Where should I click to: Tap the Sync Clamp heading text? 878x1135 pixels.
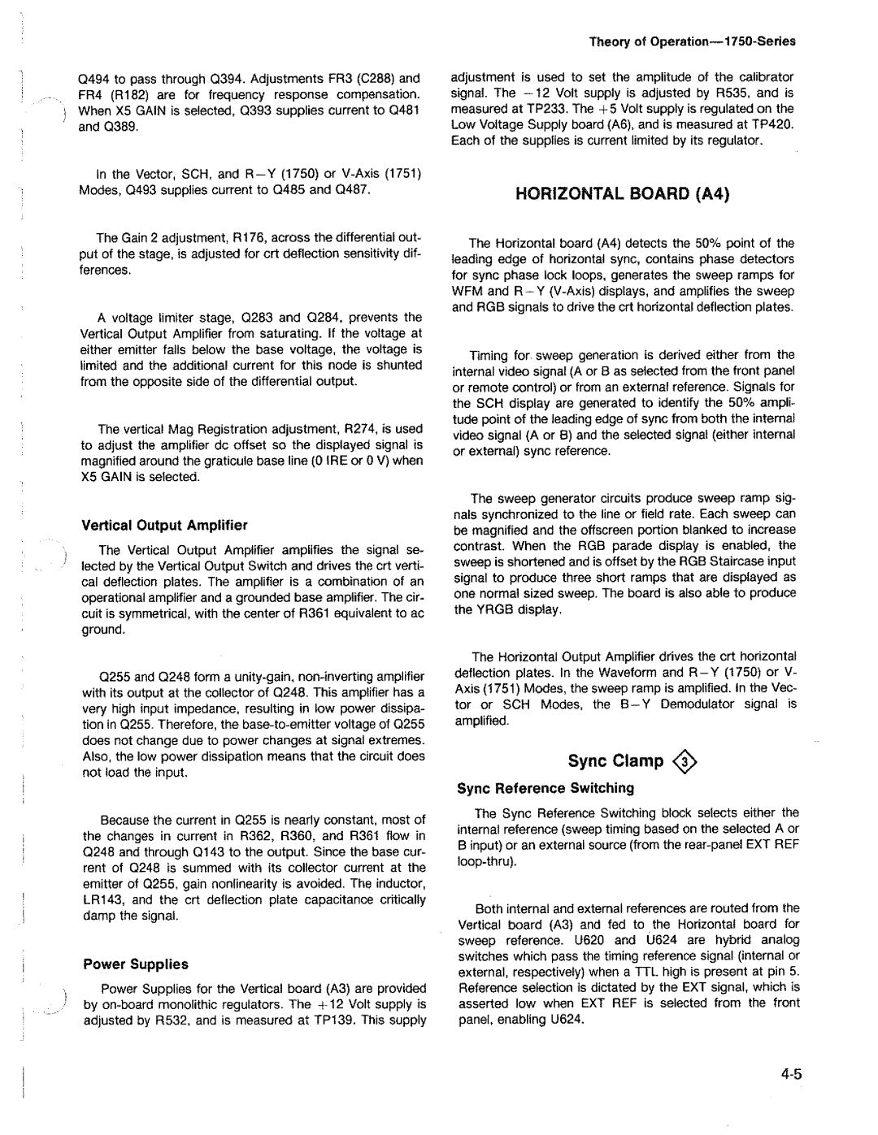[615, 761]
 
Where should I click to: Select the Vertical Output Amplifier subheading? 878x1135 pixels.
[164, 525]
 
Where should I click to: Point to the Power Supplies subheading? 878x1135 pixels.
[136, 964]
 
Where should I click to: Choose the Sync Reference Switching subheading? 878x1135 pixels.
[545, 788]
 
